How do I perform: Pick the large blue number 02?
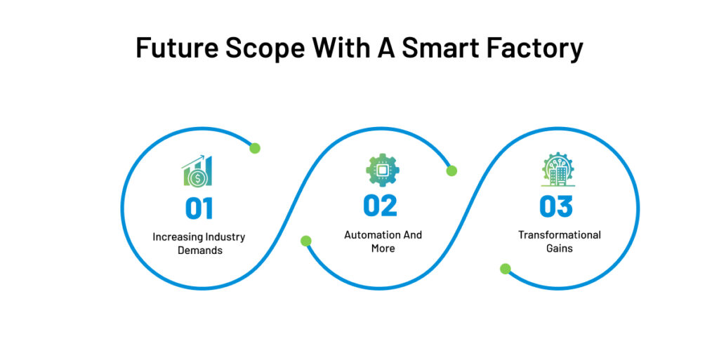pos(380,205)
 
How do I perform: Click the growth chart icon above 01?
pos(197,171)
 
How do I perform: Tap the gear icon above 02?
pos(382,170)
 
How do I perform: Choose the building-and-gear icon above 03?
pos(558,171)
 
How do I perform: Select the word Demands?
pos(199,251)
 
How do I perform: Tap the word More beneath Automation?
pos(383,248)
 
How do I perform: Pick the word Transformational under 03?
pos(560,235)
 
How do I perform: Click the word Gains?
pos(560,248)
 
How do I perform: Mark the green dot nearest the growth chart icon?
pos(255,148)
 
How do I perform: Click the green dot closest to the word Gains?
pos(505,269)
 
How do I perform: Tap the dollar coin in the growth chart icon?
pos(199,179)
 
